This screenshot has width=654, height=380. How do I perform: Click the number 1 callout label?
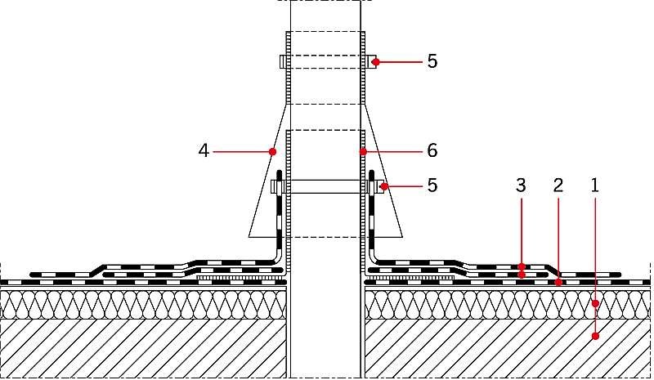[x=595, y=186]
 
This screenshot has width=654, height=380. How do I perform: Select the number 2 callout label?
[x=558, y=186]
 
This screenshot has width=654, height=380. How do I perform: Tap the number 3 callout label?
[x=521, y=186]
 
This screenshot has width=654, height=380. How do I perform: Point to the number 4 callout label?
[x=204, y=150]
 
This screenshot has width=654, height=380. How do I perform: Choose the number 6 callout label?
[x=432, y=150]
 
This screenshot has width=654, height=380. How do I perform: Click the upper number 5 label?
[x=432, y=61]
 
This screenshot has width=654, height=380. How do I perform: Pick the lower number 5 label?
[x=432, y=185]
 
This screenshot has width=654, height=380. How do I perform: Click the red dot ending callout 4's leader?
[x=273, y=152]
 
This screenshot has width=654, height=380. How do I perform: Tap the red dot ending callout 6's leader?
[x=363, y=152]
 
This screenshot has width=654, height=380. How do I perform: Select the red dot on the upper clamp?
[x=376, y=62]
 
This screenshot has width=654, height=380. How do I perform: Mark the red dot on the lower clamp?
[x=384, y=186]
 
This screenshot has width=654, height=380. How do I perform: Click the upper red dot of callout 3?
[x=522, y=266]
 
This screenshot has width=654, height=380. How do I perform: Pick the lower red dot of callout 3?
[x=522, y=275]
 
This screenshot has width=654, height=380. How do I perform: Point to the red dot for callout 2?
[x=558, y=283]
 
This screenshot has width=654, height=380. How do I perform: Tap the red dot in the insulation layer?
[x=596, y=303]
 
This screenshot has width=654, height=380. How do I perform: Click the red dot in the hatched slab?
[x=596, y=336]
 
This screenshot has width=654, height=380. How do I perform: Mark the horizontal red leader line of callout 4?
[x=241, y=152]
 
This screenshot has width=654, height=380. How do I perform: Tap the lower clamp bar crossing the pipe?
[x=325, y=186]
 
